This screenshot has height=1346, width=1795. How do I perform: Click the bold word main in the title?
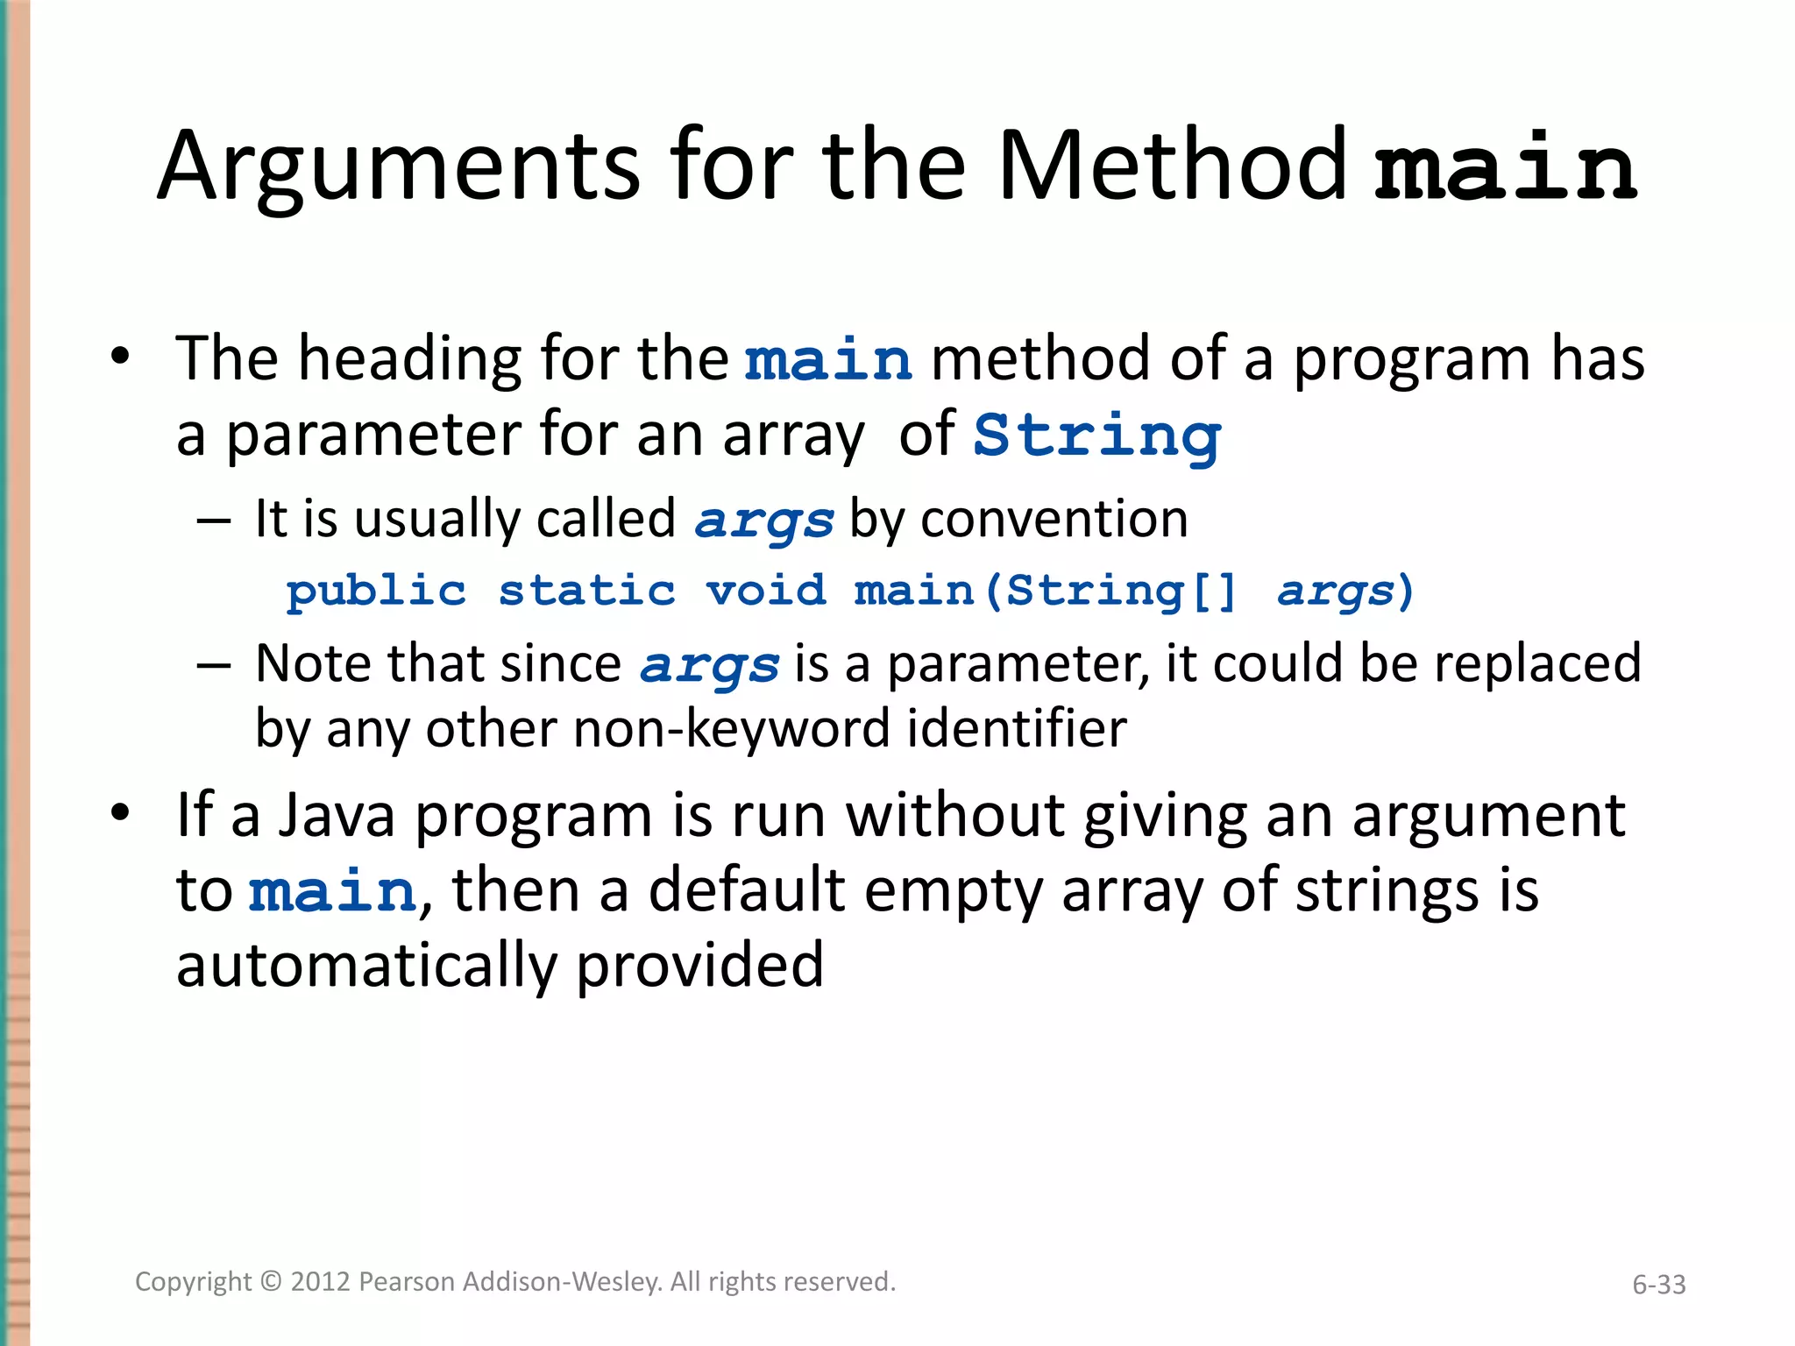point(1505,166)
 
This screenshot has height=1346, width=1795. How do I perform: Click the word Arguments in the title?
point(399,166)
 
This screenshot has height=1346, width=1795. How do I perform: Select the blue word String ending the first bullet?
point(1096,436)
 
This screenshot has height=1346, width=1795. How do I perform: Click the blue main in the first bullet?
point(828,360)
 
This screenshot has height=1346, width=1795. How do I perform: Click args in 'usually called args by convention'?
point(763,521)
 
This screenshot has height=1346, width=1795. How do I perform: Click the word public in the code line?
point(376,592)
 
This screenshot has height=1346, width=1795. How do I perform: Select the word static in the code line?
point(587,591)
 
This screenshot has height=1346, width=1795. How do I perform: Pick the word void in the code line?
point(766,591)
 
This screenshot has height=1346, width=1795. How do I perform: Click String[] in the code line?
point(1121,591)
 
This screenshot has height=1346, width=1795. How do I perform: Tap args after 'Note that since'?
point(709,665)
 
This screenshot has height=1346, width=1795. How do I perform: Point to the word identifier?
point(1017,728)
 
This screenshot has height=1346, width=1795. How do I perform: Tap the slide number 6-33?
point(1658,1285)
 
